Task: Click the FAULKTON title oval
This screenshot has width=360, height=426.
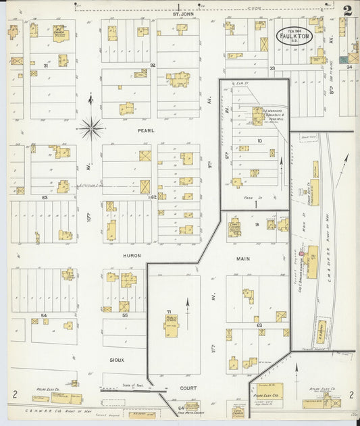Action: coord(293,36)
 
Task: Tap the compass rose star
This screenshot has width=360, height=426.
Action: coord(90,126)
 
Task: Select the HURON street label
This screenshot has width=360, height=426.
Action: coord(131,256)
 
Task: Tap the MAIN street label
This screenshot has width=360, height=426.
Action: coord(243,258)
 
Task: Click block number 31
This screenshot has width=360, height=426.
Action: coord(46,65)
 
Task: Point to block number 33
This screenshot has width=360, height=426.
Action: coord(272,68)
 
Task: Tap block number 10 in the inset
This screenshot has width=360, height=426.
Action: coord(259,141)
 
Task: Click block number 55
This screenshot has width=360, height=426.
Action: coord(124,315)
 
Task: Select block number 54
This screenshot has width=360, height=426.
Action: coord(44,315)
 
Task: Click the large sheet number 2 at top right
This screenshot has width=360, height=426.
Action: coord(346,11)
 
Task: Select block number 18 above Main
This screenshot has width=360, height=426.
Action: coord(257,223)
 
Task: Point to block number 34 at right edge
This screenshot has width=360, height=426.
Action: coord(349,68)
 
